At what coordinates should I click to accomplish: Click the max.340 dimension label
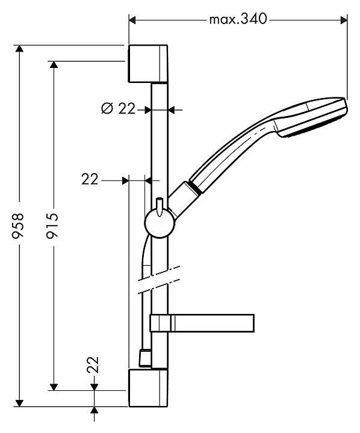(238, 20)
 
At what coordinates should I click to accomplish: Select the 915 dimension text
(52, 225)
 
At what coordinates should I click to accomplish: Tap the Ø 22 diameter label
(119, 108)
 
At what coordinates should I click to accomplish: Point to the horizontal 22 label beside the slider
(90, 179)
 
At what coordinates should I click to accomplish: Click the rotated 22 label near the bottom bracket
(93, 365)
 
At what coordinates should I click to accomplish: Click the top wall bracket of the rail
(148, 64)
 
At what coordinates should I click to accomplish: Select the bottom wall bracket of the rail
(148, 387)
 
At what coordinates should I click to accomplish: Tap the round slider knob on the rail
(160, 223)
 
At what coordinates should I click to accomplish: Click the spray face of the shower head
(312, 127)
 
